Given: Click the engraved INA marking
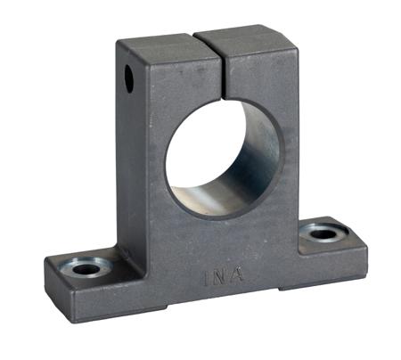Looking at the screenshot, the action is coord(223,277).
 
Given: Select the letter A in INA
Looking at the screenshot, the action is coord(236,275).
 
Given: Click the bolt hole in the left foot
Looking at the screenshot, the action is coord(86,269).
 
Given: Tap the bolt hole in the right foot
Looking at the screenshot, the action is coord(323,234).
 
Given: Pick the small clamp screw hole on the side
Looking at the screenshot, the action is coord(129,78).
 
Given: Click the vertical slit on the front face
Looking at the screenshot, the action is coord(223,76).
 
